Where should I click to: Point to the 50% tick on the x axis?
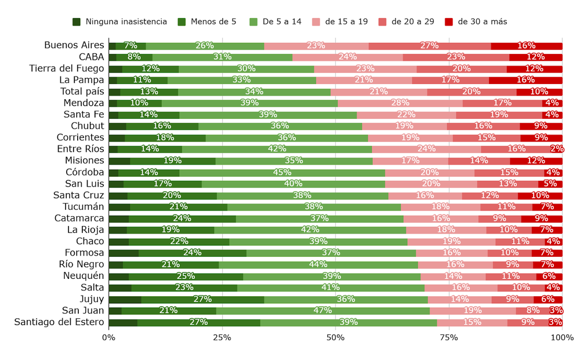click(x=335, y=337)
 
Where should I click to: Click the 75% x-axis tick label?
click(x=449, y=337)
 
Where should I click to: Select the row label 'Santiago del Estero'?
click(x=59, y=322)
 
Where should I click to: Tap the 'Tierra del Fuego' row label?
click(x=67, y=68)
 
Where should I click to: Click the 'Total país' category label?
click(x=82, y=92)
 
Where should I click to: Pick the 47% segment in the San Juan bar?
click(x=323, y=311)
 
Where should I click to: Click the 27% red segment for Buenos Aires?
click(x=430, y=46)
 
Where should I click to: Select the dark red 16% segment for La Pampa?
click(x=525, y=80)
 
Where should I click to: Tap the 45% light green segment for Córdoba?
click(x=282, y=172)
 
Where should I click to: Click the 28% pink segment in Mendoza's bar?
click(x=400, y=103)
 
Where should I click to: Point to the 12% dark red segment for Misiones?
click(x=536, y=161)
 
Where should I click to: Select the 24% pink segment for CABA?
click(x=347, y=57)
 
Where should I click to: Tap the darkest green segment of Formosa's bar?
click(x=124, y=253)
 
